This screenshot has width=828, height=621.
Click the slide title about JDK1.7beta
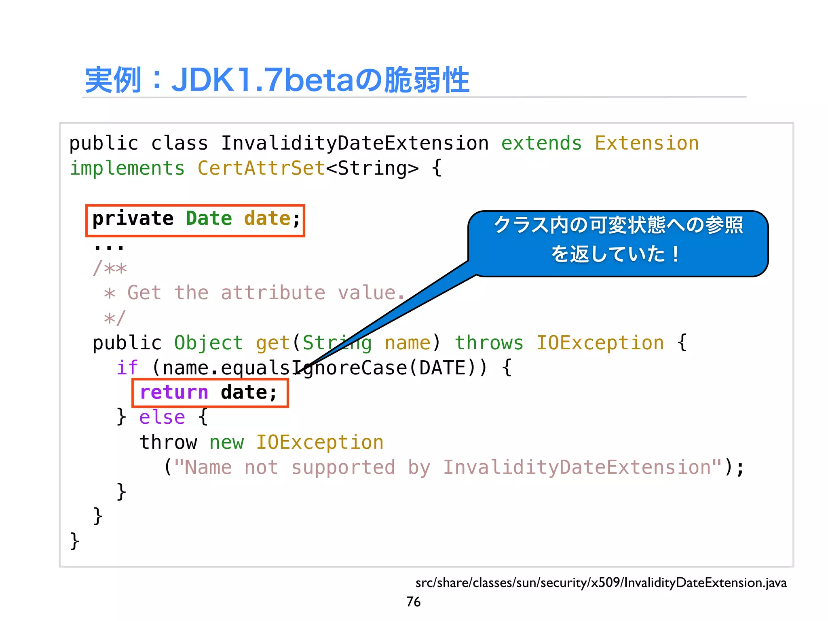click(277, 80)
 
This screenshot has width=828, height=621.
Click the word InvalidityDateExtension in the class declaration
click(355, 144)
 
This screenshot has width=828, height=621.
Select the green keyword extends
click(541, 144)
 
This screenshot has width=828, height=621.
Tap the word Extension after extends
click(646, 144)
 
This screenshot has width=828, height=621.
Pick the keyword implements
click(127, 168)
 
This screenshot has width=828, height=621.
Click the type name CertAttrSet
click(261, 168)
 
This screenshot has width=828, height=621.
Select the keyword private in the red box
click(133, 219)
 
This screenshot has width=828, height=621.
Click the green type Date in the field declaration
click(209, 219)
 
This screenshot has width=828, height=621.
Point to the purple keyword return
click(174, 393)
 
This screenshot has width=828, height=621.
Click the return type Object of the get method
click(209, 343)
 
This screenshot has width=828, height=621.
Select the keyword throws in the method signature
click(489, 343)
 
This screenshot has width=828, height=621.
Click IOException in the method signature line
click(600, 343)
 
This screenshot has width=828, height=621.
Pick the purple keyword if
click(127, 368)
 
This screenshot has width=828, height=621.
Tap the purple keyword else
click(162, 417)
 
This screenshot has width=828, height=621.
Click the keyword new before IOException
click(226, 442)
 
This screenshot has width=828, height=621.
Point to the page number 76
click(413, 602)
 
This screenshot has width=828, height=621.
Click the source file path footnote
click(601, 583)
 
